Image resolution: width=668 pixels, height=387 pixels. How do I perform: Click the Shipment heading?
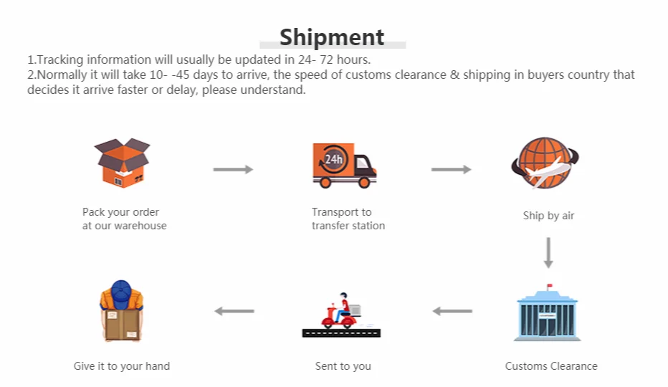(x=332, y=37)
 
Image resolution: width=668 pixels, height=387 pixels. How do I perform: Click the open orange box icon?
(x=123, y=163)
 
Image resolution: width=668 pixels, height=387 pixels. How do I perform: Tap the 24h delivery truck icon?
(x=344, y=166)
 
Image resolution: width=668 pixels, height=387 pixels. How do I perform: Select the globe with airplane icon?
(x=545, y=163)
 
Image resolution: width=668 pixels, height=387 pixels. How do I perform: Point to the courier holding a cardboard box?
(x=122, y=311)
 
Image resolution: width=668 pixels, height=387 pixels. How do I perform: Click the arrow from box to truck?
(x=233, y=170)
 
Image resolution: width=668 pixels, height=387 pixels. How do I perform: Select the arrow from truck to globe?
(x=451, y=170)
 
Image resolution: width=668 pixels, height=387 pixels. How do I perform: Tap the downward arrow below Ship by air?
(x=549, y=253)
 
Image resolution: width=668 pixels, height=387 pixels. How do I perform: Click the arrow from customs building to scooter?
(x=452, y=311)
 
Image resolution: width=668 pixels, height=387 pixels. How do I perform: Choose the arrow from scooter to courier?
(x=234, y=311)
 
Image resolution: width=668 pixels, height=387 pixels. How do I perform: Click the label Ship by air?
(x=549, y=216)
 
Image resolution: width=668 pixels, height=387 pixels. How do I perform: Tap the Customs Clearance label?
(x=551, y=366)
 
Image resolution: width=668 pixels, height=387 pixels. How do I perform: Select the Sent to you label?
(x=343, y=366)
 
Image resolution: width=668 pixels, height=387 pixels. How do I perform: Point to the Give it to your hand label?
(x=122, y=366)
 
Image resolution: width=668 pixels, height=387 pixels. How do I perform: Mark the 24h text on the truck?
(x=333, y=159)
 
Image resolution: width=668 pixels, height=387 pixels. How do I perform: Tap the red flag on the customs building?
(x=550, y=286)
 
